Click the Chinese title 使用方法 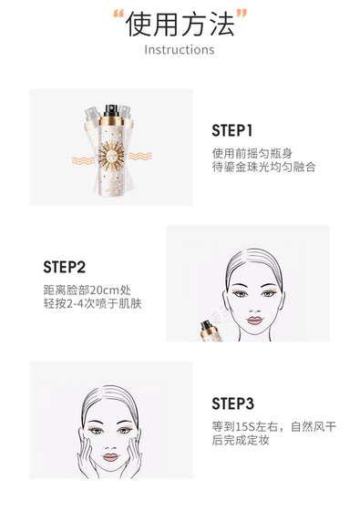point(180,25)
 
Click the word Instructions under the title point(180,50)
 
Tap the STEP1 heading point(232,131)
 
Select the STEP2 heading point(65,268)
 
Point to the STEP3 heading point(232,403)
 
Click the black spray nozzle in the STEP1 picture point(111,110)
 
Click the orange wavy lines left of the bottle point(83,160)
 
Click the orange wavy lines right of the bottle point(140,156)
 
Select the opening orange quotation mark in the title point(118,14)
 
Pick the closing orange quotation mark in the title point(242,14)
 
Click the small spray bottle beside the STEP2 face point(210,331)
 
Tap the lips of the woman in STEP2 point(254,321)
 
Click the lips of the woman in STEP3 point(110,457)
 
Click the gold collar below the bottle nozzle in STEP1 point(111,121)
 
